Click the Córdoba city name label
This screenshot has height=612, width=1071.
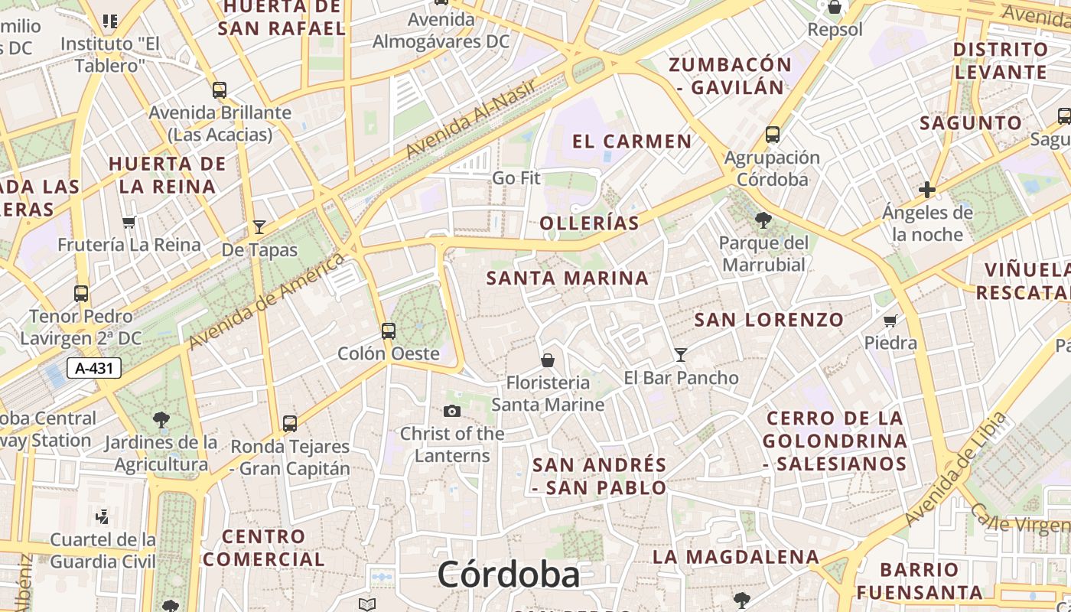tap(508, 574)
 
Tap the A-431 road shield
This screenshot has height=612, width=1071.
tap(94, 369)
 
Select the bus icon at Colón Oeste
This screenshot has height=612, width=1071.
tap(389, 331)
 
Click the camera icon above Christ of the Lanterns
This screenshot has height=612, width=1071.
tap(452, 412)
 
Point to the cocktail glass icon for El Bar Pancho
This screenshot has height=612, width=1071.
tap(681, 355)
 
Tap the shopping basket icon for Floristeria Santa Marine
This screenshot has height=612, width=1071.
tap(548, 360)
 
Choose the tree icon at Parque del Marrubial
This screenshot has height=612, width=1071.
tap(763, 221)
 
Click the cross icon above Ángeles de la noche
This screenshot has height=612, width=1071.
tap(927, 190)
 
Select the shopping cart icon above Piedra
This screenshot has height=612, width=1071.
tap(890, 321)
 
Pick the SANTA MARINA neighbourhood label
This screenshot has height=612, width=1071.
tap(568, 278)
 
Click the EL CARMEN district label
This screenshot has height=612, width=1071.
tap(632, 142)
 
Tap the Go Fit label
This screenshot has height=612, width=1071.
tap(516, 178)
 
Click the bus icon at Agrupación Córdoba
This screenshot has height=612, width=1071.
tap(773, 135)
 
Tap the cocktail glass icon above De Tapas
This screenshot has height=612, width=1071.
tap(259, 227)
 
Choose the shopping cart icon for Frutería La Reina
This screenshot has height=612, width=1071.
tap(129, 223)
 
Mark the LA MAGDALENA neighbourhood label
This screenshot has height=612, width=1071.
tap(735, 557)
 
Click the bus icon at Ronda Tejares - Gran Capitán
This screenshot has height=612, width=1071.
tap(290, 423)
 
